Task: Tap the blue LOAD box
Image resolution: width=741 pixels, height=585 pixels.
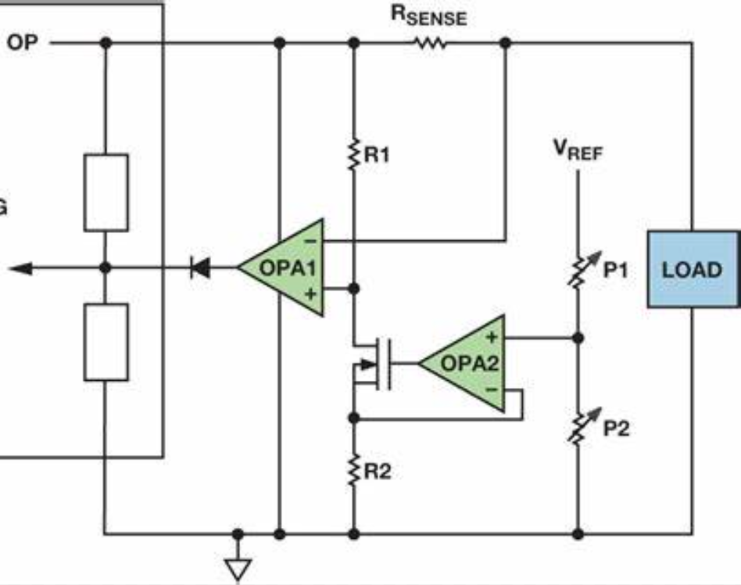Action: click(x=692, y=269)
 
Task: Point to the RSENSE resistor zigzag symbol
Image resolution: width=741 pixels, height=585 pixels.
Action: click(x=429, y=44)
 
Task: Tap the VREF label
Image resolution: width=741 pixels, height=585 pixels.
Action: click(x=578, y=151)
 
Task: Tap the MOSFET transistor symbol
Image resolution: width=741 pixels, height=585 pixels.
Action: click(x=372, y=363)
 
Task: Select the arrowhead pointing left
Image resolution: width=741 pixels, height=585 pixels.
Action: click(x=21, y=268)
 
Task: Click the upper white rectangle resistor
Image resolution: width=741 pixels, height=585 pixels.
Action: click(x=106, y=192)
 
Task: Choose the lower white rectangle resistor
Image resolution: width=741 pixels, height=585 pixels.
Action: click(x=106, y=342)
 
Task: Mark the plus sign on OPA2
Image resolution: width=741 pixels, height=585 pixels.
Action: click(x=492, y=337)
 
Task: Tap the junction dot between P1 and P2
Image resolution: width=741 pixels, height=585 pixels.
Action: click(x=578, y=337)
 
